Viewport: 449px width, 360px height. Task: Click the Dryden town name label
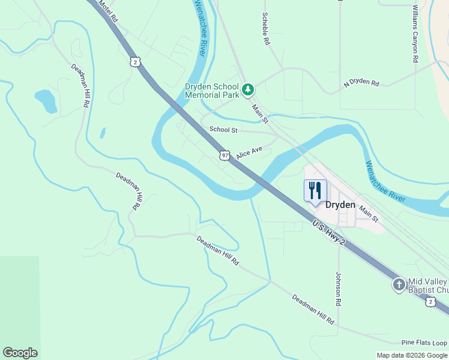(x=340, y=205)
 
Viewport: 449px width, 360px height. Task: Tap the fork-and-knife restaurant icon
(x=315, y=191)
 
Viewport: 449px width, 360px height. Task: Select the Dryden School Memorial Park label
(x=212, y=91)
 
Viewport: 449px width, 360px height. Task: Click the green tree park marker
(x=248, y=90)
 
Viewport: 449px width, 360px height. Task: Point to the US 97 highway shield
(x=224, y=155)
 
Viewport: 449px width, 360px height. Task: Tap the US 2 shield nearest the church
(x=430, y=302)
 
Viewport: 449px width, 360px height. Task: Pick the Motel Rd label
(x=108, y=11)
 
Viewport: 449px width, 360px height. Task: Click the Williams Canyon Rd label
(x=414, y=34)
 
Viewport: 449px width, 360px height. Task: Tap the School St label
(x=223, y=130)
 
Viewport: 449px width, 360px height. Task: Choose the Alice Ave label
(x=249, y=153)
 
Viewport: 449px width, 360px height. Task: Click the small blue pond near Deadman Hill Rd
(x=46, y=100)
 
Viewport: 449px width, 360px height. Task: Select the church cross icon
(x=399, y=285)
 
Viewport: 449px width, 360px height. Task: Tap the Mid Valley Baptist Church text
(x=427, y=286)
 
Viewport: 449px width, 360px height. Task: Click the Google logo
(x=20, y=353)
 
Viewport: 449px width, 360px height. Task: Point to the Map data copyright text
(x=412, y=355)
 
